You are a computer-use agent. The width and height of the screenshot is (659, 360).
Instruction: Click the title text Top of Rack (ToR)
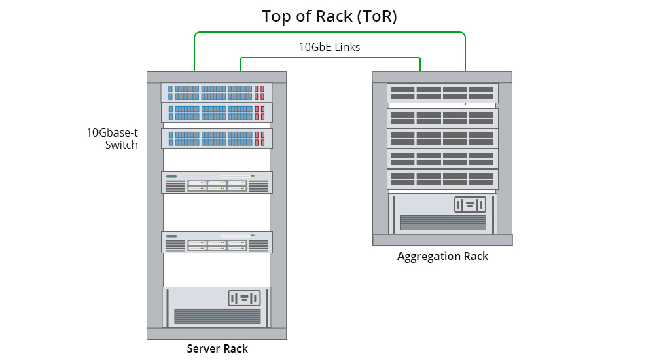329,16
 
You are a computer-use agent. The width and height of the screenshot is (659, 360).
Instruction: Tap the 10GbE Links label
329,48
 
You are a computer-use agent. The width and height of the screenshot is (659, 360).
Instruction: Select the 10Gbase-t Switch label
112,139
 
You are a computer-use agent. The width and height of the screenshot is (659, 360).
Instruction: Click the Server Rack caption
217,349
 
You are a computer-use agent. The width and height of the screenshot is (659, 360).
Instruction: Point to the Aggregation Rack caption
442,257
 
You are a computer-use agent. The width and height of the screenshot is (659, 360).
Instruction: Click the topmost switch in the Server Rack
217,92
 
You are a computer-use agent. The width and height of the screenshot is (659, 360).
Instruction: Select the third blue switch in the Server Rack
217,139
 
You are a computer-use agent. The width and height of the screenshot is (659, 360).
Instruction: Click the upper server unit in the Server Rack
217,182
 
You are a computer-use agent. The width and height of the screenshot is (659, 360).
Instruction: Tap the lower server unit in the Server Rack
217,242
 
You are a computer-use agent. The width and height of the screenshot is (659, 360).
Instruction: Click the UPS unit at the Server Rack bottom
217,307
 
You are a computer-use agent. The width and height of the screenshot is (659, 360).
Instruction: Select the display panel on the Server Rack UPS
244,298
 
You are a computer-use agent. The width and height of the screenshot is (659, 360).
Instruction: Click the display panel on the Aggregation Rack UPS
470,204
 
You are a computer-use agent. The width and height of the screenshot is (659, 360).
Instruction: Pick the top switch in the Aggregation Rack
442,93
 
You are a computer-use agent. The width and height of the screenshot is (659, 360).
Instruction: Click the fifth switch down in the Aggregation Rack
442,179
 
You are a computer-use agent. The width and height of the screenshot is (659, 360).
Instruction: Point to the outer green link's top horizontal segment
329,32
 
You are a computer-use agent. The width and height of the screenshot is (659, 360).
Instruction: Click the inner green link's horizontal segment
329,58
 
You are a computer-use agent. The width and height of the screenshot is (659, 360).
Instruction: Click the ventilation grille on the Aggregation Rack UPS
443,222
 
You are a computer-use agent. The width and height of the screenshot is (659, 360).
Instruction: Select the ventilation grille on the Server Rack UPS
217,316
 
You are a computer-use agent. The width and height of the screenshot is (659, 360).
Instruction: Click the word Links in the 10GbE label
346,48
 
